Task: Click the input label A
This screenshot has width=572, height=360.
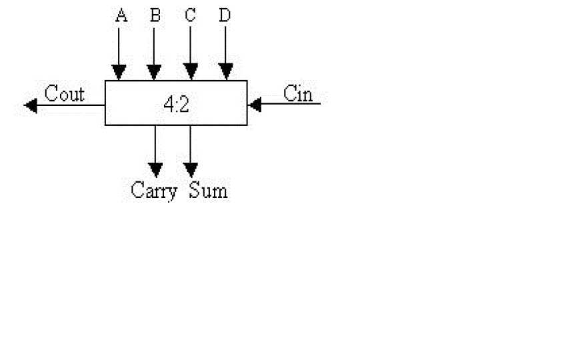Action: coord(121,15)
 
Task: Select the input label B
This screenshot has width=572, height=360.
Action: coord(155,15)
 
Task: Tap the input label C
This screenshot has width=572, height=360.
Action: coord(191,15)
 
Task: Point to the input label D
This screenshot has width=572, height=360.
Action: coord(225,15)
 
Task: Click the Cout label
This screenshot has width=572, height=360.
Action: coord(65,94)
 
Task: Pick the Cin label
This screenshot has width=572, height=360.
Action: coord(298,93)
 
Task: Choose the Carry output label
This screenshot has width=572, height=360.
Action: coord(154,191)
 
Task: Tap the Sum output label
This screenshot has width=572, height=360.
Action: coord(208,191)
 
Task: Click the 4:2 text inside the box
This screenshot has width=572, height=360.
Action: coord(176,104)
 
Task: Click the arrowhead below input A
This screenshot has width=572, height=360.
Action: coord(119,71)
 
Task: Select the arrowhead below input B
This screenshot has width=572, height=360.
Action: coord(154,71)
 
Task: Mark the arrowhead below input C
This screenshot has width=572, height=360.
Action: coord(191,71)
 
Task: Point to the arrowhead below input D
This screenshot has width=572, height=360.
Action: coord(226,71)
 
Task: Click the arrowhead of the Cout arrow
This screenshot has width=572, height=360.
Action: coord(31,105)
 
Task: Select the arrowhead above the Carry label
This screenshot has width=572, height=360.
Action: coord(155,168)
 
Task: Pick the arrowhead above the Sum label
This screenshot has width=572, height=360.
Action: coord(191,168)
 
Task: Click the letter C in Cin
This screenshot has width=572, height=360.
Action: coord(290,93)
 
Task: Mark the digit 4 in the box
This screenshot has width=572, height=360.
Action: coord(169,104)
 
